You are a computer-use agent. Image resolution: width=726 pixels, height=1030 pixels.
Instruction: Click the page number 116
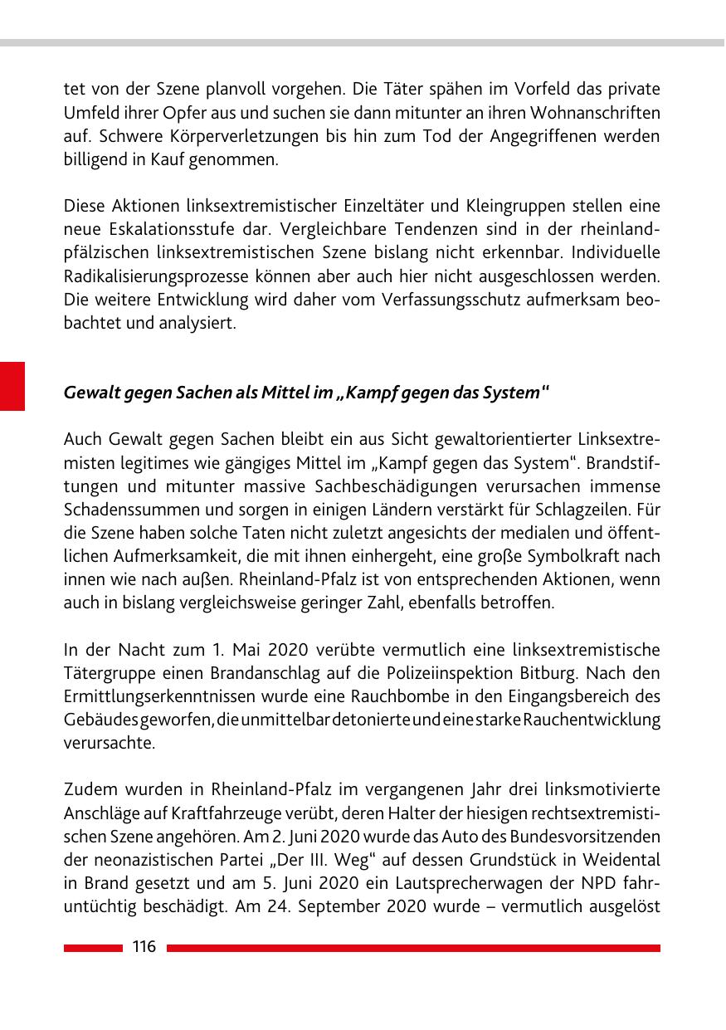pyautogui.click(x=144, y=947)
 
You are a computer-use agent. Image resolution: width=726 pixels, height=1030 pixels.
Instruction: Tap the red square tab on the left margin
pyautogui.click(x=12, y=386)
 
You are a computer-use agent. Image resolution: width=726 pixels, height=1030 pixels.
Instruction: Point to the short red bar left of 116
pyautogui.click(x=92, y=948)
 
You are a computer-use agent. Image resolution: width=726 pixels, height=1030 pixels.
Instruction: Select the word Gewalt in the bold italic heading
pyautogui.click(x=89, y=393)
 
